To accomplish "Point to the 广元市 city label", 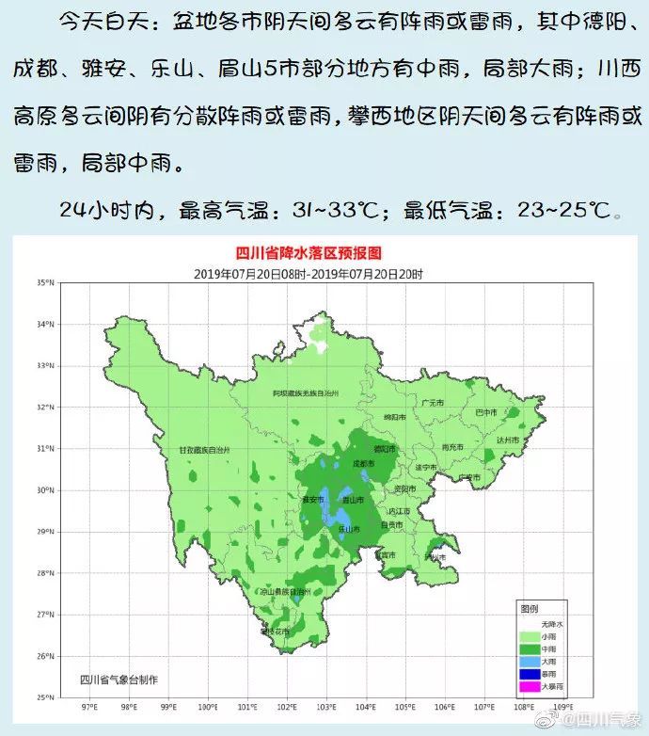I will click(x=434, y=403).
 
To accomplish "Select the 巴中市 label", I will click(x=485, y=412).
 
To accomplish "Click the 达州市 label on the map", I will click(x=508, y=440).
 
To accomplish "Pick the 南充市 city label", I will click(x=451, y=447).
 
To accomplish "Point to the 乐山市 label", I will click(x=349, y=530).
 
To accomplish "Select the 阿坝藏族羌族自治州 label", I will click(x=299, y=392).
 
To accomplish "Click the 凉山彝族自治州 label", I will click(x=286, y=591).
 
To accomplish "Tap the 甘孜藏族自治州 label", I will click(x=205, y=451).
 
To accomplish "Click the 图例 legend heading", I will click(x=530, y=609).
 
